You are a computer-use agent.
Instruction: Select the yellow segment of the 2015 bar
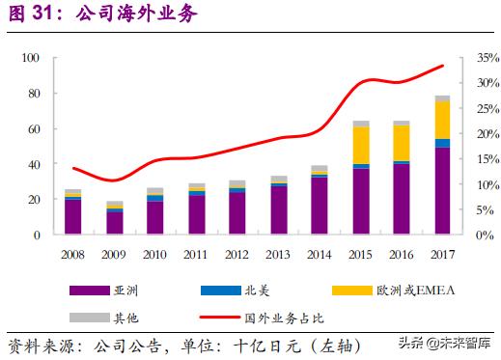point(361,145)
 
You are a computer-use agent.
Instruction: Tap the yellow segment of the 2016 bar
point(402,143)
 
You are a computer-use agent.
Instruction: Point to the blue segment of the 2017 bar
point(442,144)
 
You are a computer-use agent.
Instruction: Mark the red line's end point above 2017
point(442,66)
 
